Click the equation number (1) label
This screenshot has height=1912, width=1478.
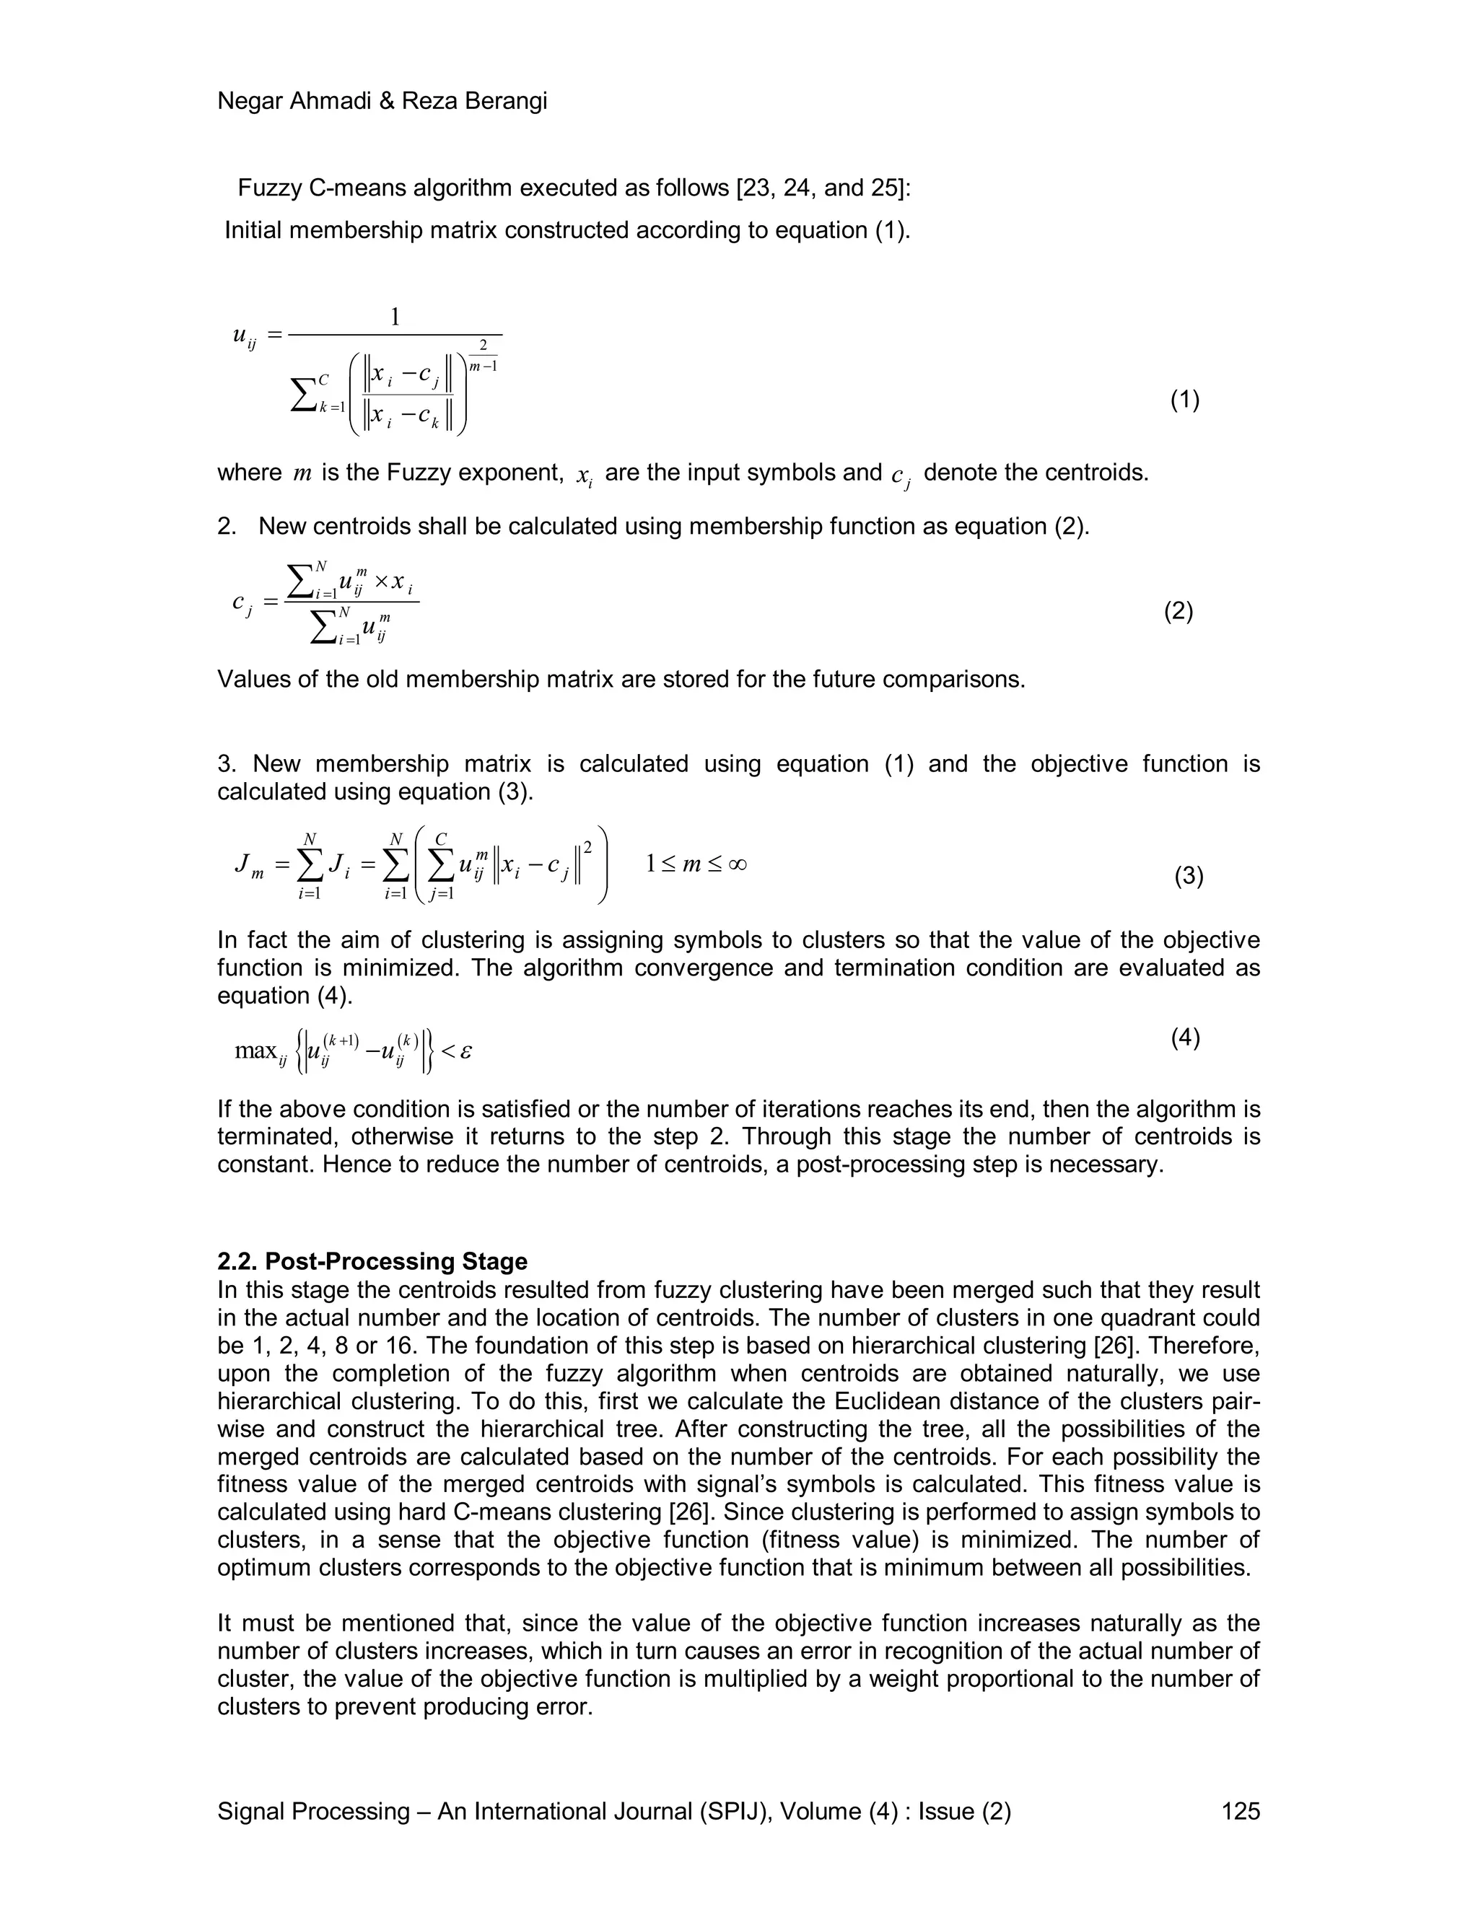point(1185,400)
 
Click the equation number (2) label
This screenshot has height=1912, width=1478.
point(1178,610)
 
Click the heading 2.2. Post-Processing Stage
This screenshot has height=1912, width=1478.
point(372,1260)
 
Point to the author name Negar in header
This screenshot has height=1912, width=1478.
point(249,102)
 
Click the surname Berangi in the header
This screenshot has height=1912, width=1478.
point(506,102)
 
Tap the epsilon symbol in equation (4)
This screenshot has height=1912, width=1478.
point(465,1050)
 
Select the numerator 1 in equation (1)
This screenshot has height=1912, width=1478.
point(395,317)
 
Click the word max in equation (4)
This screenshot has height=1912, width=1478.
point(255,1050)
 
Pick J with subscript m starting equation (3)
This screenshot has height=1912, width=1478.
point(248,867)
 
